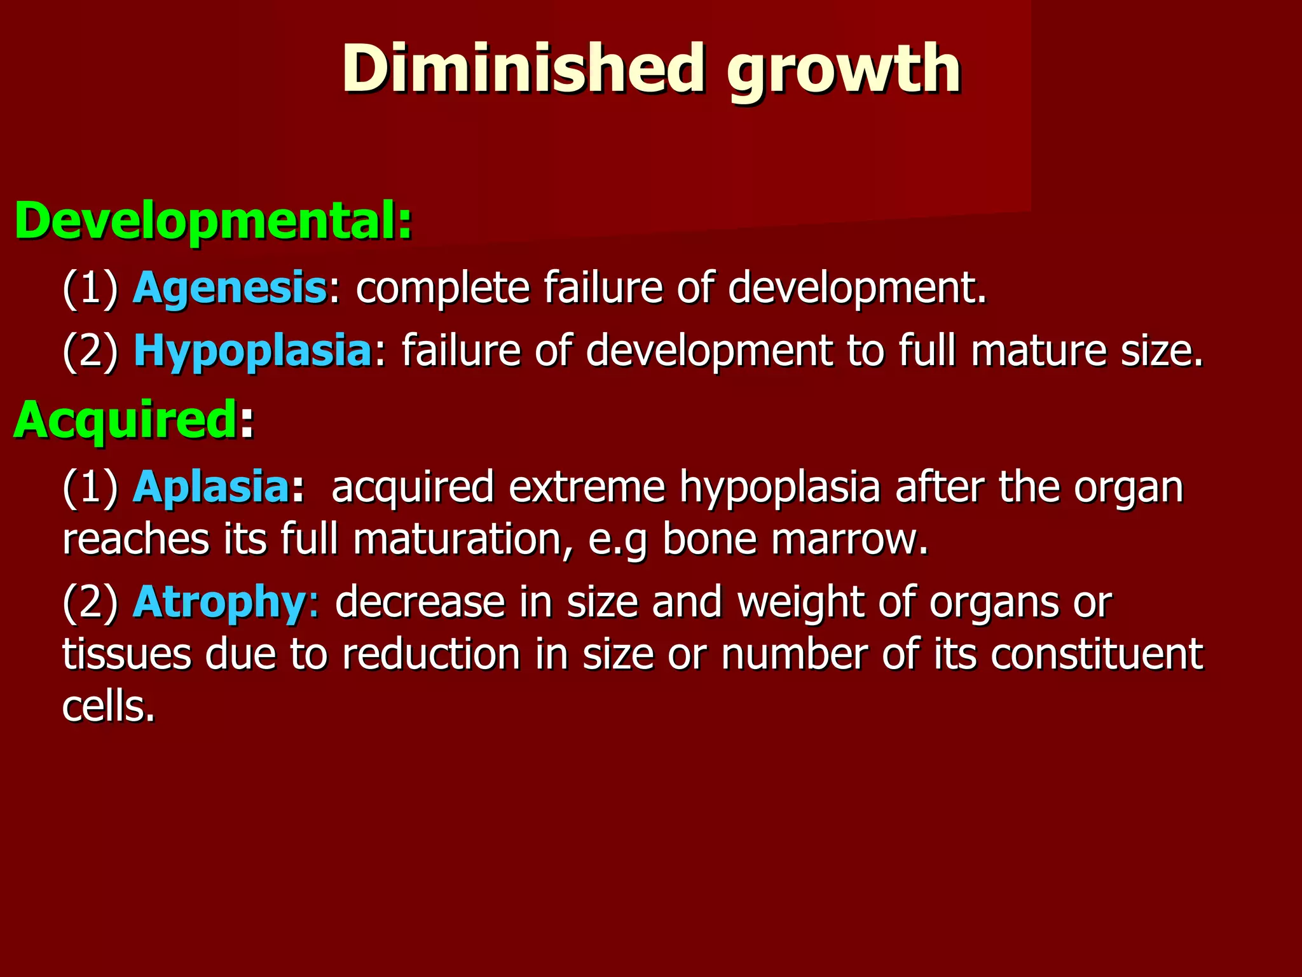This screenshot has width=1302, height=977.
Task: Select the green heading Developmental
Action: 213,220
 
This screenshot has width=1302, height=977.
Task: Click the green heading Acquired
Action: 126,420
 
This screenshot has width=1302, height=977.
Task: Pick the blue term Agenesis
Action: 230,288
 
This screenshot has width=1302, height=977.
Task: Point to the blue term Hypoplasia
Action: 252,351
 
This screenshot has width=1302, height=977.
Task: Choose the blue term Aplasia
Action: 211,487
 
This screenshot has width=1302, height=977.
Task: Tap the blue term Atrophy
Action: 220,602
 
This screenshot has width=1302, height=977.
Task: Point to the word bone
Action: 709,539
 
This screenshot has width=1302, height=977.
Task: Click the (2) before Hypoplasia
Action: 90,351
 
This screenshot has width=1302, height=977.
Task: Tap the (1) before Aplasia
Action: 90,487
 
